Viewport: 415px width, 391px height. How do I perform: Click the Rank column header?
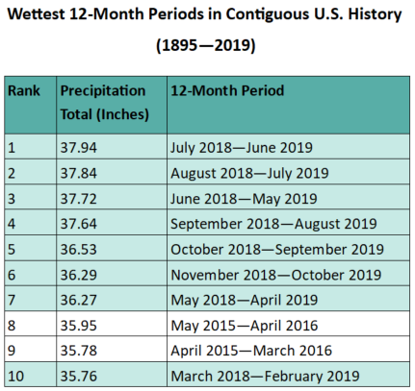[24, 90]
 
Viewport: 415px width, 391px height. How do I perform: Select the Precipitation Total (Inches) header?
[105, 103]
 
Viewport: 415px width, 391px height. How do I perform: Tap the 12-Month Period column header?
[227, 90]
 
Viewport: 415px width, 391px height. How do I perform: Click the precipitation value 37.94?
[79, 148]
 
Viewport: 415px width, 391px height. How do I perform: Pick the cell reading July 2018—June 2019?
[242, 148]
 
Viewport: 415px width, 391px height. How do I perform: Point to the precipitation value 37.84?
[79, 173]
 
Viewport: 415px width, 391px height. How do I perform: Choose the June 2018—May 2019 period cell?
[244, 199]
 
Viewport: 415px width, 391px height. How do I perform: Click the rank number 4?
[12, 224]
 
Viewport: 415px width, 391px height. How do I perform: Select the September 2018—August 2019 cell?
[273, 224]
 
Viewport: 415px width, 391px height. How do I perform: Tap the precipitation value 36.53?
[79, 250]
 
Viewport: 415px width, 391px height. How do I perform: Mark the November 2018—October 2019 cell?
[276, 275]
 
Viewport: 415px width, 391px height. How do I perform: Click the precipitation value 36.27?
[79, 300]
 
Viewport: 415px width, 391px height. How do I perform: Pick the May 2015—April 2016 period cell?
[245, 326]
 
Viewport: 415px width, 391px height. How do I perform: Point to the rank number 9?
[12, 351]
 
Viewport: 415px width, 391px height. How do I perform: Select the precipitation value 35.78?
[79, 351]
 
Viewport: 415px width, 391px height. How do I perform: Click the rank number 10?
[15, 377]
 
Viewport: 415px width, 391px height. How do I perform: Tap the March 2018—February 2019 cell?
[265, 377]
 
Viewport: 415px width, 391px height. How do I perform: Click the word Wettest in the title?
[36, 14]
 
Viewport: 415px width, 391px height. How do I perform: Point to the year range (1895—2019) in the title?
[206, 45]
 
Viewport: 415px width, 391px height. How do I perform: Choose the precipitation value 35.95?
[79, 326]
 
